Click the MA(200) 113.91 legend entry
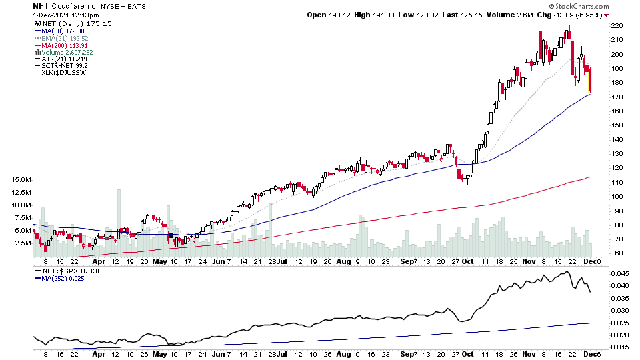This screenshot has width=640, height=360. pos(65,45)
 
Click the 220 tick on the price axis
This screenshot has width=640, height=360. pos(617,26)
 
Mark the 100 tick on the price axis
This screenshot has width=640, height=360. pos(617,197)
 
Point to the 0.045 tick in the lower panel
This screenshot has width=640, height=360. pos(619,273)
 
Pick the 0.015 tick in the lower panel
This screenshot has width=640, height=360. pos(619,347)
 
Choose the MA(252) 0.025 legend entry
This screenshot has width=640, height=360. pos(65,278)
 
